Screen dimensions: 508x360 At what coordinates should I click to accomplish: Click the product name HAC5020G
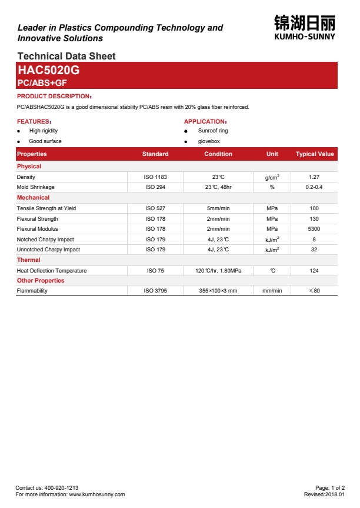(x=48, y=71)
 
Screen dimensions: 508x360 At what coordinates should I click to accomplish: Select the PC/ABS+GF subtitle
(x=42, y=83)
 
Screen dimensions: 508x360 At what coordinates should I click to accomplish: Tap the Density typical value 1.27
(x=314, y=177)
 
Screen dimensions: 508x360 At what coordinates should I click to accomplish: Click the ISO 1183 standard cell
(x=155, y=177)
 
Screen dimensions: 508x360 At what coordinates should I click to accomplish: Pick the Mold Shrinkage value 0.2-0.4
(x=314, y=187)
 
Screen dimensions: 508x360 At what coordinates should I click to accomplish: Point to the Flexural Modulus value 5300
(x=314, y=229)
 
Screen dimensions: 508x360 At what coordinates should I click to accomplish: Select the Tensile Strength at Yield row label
(x=46, y=208)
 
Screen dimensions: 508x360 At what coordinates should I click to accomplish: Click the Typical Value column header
(x=314, y=154)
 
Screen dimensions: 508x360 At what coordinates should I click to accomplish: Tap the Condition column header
(x=218, y=154)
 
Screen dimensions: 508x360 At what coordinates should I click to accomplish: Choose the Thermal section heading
(x=29, y=260)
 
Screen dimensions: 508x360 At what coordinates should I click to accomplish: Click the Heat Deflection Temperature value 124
(x=314, y=271)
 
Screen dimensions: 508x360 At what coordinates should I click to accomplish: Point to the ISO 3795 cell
(x=155, y=291)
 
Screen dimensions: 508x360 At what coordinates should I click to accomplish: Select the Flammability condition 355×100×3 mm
(x=218, y=291)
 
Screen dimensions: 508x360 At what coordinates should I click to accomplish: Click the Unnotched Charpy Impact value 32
(x=314, y=250)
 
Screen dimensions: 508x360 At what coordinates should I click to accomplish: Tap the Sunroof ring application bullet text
(x=213, y=131)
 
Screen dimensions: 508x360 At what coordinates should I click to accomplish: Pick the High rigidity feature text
(x=44, y=131)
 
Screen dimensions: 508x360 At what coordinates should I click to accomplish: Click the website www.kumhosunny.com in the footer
(x=97, y=494)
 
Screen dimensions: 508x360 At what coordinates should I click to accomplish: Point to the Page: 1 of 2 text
(x=330, y=488)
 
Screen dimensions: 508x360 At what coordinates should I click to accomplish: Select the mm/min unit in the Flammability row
(x=272, y=291)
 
